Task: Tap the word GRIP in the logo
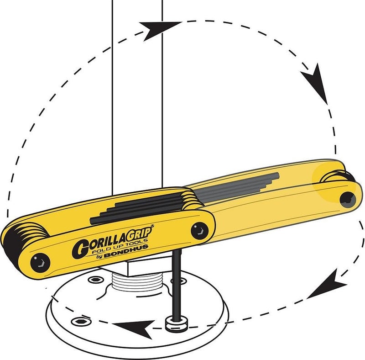[x=140, y=234]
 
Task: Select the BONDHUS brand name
[x=126, y=251]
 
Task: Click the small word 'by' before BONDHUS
[x=99, y=257]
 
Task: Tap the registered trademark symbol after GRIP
[x=152, y=226]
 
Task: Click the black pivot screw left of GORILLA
[x=40, y=263]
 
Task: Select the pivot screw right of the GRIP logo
[x=199, y=231]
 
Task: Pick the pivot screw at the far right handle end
[x=348, y=200]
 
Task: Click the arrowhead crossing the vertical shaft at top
[x=158, y=29]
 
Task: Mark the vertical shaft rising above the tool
[x=137, y=95]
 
